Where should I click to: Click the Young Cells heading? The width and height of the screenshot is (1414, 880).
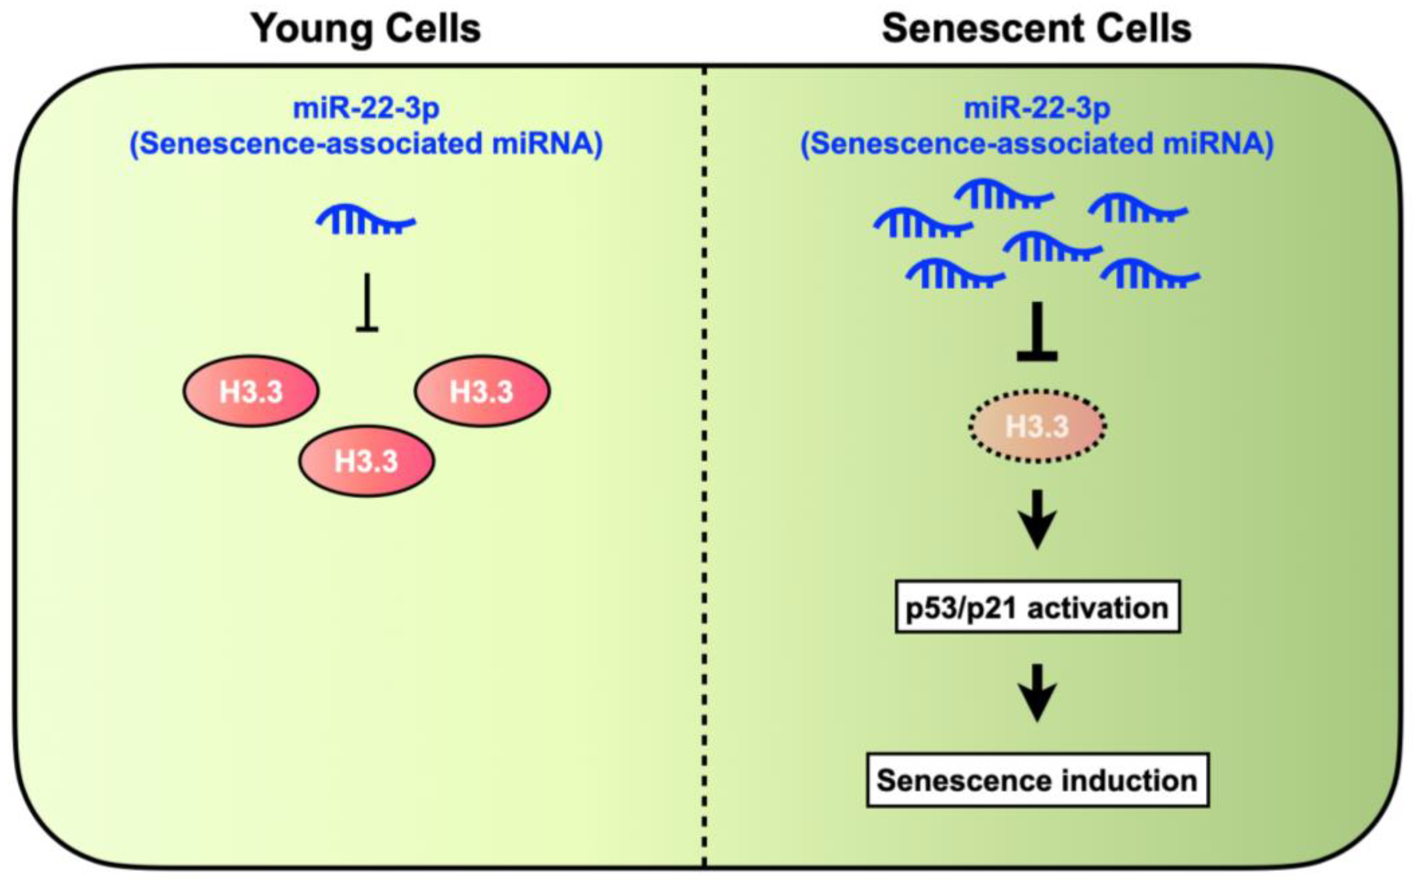pyautogui.click(x=366, y=29)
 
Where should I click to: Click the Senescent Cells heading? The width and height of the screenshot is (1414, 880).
pyautogui.click(x=1037, y=29)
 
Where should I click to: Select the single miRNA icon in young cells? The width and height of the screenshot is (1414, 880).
pyautogui.click(x=366, y=220)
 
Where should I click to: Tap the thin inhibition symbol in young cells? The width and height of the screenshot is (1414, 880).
pyautogui.click(x=367, y=303)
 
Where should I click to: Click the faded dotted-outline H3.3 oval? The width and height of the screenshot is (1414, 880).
pyautogui.click(x=1037, y=427)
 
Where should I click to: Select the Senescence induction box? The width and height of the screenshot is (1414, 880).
pyautogui.click(x=1037, y=780)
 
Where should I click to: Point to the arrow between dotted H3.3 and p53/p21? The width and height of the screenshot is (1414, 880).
pyautogui.click(x=1037, y=520)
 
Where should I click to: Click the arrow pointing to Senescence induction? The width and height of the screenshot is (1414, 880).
pyautogui.click(x=1037, y=692)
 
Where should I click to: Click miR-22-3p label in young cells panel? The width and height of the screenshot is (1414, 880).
pyautogui.click(x=366, y=108)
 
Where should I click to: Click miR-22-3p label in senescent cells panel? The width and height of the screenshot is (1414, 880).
pyautogui.click(x=1037, y=108)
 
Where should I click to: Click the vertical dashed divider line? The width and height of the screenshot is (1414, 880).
pyautogui.click(x=704, y=465)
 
